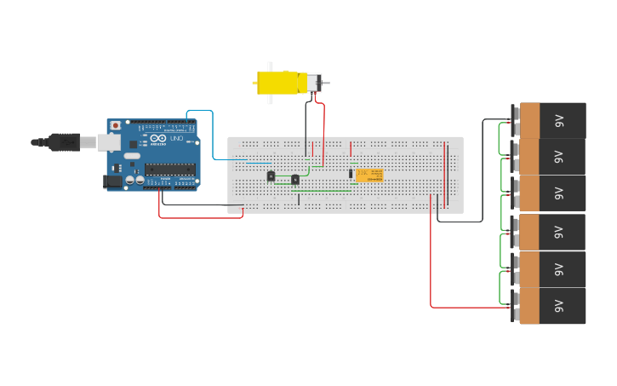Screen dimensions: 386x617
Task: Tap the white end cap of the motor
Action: (x=312, y=83)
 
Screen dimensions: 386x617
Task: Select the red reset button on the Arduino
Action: (x=116, y=125)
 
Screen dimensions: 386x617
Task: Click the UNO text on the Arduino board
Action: (x=177, y=138)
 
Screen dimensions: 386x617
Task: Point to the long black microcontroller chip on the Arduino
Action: (x=169, y=168)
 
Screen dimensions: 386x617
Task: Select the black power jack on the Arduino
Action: (x=111, y=181)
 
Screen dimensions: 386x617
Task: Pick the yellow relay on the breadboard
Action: (x=369, y=175)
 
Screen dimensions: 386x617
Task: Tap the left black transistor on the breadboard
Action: (x=271, y=176)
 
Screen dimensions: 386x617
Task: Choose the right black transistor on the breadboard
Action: (x=295, y=179)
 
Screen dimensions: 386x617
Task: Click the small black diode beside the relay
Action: (x=350, y=174)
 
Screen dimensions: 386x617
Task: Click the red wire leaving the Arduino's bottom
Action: (x=196, y=217)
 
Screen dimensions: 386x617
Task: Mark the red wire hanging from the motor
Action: (x=323, y=128)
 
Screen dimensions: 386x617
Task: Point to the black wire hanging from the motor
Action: (x=306, y=128)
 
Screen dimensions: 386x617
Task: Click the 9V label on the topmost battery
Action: (x=559, y=120)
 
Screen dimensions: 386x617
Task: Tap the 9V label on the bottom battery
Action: (x=559, y=305)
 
